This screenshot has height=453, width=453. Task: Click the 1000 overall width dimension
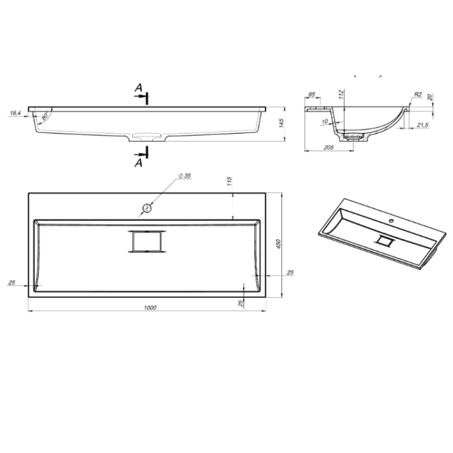click(150, 308)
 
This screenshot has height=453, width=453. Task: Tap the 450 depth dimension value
click(279, 244)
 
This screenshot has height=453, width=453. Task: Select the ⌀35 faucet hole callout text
click(185, 176)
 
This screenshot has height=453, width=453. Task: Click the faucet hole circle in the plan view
click(147, 208)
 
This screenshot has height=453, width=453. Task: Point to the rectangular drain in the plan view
click(147, 241)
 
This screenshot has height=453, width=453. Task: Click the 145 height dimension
click(282, 123)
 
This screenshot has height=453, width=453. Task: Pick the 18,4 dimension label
click(15, 113)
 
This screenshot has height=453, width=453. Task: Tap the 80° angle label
click(45, 116)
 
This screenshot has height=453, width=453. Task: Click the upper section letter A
click(139, 87)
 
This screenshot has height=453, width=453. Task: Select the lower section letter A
click(139, 163)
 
